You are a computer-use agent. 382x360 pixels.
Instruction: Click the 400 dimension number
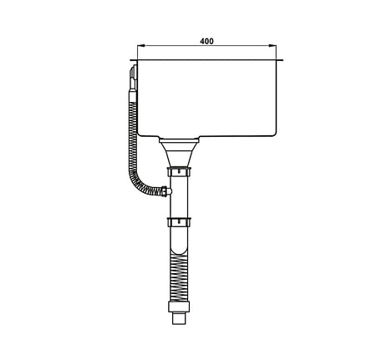206,40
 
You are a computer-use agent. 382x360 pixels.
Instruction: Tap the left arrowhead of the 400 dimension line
140,47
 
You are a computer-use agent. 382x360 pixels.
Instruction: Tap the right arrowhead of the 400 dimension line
276,47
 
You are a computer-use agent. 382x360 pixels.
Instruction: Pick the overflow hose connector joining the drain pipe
167,190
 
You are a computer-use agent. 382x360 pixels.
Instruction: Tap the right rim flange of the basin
283,60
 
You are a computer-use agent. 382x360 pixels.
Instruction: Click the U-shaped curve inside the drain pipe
177,248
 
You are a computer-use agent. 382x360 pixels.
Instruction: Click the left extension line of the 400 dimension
137,52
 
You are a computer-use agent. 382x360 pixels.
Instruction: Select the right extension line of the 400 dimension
279,52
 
